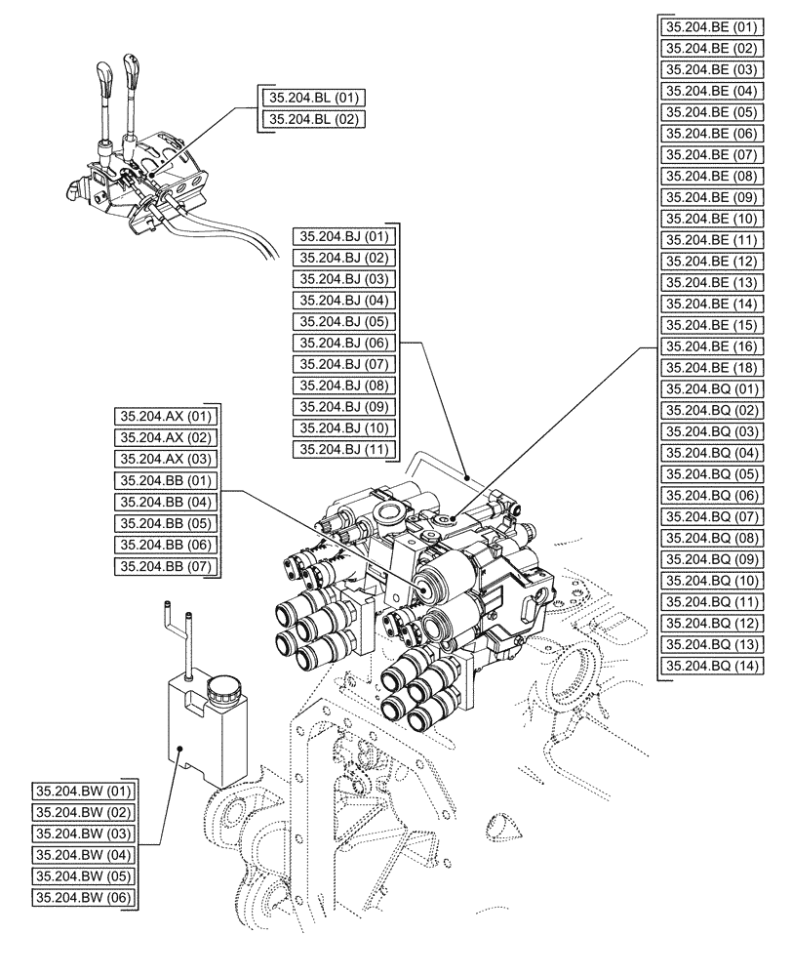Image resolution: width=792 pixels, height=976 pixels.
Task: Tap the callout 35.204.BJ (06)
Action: [344, 343]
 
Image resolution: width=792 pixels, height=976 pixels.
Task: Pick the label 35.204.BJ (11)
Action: [344, 449]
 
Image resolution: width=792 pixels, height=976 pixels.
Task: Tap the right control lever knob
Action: [132, 68]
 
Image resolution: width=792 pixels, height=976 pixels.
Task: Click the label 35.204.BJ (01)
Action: [344, 236]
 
